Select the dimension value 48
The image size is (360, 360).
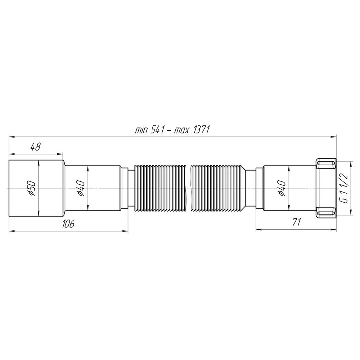pyautogui.click(x=35, y=147)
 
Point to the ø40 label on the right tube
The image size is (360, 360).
pyautogui.click(x=282, y=188)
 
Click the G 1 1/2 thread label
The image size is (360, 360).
pyautogui.click(x=345, y=188)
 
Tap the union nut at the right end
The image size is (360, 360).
pyautogui.click(x=325, y=188)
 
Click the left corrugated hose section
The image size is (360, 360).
pyautogui.click(x=158, y=188)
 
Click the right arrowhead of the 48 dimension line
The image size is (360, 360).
pyautogui.click(x=62, y=153)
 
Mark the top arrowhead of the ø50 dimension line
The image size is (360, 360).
pyautogui.click(x=39, y=162)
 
